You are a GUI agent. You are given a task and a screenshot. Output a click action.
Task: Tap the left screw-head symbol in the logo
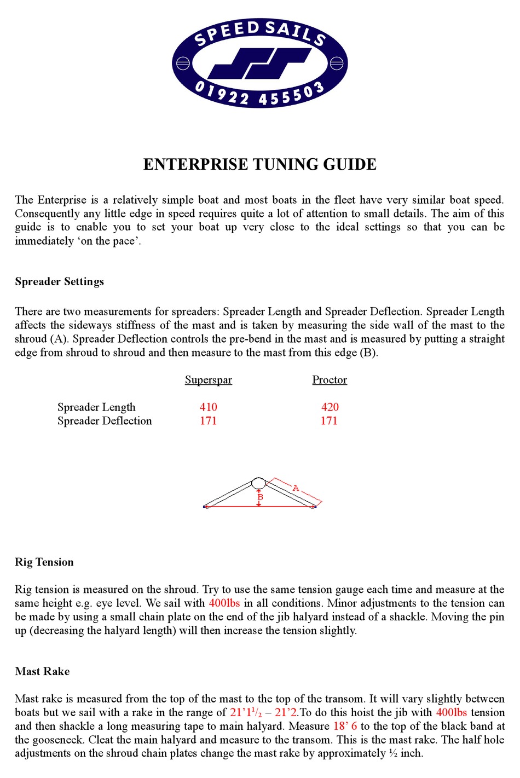tap(183, 63)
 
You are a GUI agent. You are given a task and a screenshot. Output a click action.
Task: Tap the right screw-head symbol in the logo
tap(337, 63)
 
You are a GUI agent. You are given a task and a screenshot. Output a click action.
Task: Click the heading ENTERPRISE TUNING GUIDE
tap(259, 164)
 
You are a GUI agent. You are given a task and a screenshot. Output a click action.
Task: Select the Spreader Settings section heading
tap(59, 281)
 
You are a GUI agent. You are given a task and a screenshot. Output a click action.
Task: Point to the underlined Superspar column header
tap(208, 380)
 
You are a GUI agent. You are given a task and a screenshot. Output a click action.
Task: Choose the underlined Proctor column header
tap(330, 380)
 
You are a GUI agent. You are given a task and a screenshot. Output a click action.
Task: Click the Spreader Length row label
tap(96, 407)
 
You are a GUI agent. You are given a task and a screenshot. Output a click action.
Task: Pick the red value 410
tap(208, 407)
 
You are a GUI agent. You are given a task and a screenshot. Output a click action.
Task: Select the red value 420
tap(330, 407)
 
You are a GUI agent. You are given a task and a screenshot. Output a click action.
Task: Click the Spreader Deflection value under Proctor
tap(329, 421)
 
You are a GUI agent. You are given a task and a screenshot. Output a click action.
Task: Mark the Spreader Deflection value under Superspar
tap(208, 421)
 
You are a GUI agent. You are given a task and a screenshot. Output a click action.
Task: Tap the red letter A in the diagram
tap(296, 488)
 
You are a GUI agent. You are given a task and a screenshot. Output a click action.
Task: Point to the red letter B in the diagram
tap(261, 497)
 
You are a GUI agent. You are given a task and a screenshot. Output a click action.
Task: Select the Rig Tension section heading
tap(44, 562)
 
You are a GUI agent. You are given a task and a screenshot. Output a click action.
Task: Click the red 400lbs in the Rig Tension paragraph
tap(224, 603)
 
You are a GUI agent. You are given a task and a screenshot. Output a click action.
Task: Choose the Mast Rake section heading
tap(42, 672)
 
